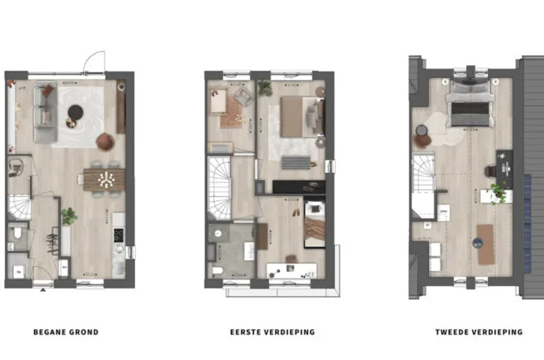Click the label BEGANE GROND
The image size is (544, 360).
tap(66, 332)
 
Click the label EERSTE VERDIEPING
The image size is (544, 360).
tap(272, 332)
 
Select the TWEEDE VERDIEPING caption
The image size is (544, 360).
tap(479, 332)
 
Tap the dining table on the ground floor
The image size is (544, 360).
tap(104, 179)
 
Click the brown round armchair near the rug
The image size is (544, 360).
tap(105, 141)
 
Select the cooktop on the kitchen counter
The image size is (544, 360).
tap(119, 234)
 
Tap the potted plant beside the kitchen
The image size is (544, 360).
tap(69, 216)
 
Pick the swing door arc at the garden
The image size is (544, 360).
tap(94, 61)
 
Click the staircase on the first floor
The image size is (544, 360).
tap(219, 188)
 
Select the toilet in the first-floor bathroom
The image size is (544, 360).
tap(217, 270)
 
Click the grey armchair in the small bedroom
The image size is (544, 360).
tap(243, 98)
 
